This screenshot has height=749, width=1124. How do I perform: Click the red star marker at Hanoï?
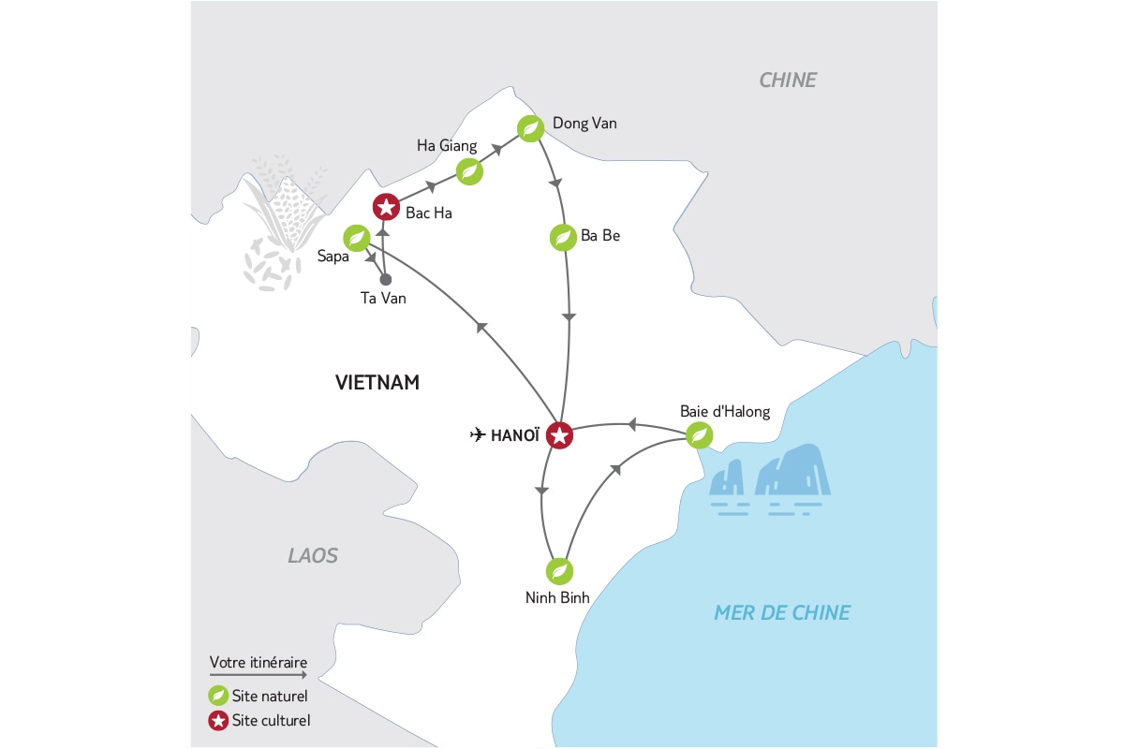(559, 435)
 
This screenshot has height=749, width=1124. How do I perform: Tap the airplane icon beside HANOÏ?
(478, 434)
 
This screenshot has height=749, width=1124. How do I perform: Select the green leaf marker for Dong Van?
(530, 128)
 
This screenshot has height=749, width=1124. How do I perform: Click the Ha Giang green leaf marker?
(469, 172)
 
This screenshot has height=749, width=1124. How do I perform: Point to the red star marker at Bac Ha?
(386, 207)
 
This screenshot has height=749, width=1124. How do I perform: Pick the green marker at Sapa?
(357, 238)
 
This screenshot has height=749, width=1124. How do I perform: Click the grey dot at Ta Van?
(385, 279)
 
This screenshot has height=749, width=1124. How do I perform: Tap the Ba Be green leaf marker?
(563, 238)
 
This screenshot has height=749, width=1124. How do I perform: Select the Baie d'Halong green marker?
(699, 435)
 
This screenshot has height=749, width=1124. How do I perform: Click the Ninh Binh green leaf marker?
(559, 571)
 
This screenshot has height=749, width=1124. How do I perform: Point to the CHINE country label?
(788, 81)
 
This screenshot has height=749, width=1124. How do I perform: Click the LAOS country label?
(313, 555)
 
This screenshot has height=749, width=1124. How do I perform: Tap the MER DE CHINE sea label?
(782, 612)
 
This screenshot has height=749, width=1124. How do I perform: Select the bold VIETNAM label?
(377, 383)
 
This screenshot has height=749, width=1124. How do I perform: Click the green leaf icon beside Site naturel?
(218, 696)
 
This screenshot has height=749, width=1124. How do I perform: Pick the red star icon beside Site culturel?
(218, 720)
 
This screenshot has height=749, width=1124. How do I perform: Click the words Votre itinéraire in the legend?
(259, 662)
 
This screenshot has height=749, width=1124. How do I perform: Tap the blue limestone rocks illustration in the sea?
(770, 479)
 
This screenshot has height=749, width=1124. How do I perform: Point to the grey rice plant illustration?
(283, 222)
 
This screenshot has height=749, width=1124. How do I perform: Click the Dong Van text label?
(584, 124)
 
